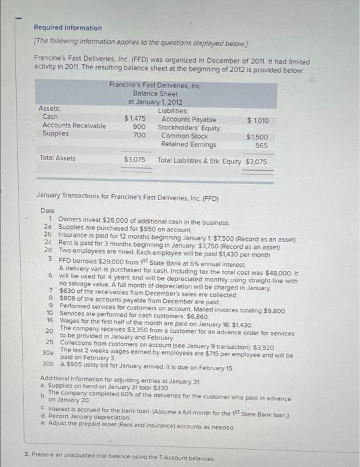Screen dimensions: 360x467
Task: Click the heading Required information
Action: (68, 28)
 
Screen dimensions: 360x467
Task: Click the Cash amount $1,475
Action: (135, 117)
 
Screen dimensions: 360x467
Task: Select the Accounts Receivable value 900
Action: (139, 126)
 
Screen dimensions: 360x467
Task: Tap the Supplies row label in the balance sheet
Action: (55, 134)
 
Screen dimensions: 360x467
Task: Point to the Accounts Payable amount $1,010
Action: (257, 120)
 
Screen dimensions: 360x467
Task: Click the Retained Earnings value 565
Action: (261, 145)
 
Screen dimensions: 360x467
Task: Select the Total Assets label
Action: (57, 159)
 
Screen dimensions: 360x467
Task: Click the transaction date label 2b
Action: (48, 235)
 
